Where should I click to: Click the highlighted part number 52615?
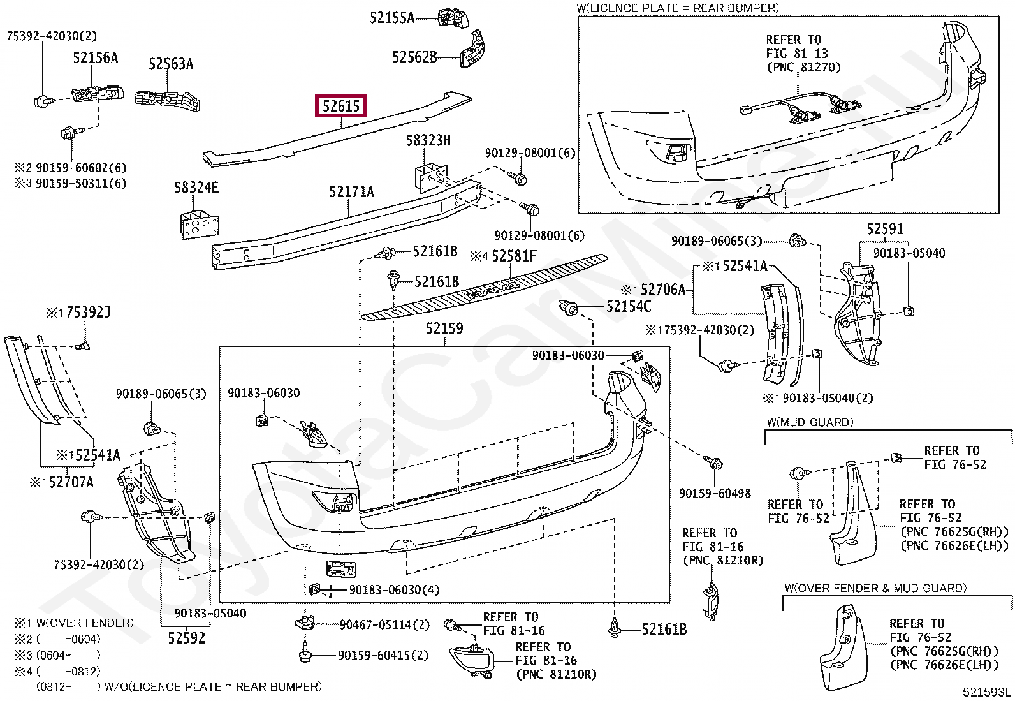341,106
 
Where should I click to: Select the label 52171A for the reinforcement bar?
351,191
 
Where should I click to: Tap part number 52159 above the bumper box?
444,329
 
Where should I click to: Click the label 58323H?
428,140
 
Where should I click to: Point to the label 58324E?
196,188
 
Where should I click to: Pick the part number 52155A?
391,18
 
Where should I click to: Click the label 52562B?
414,57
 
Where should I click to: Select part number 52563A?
171,64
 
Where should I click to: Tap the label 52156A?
95,58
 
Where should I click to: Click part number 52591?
885,229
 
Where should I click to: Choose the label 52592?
187,637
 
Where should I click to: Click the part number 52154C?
629,307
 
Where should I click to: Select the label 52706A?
662,290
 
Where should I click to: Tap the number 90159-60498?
715,493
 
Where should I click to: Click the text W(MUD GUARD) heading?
810,422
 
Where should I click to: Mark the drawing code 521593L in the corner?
988,692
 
